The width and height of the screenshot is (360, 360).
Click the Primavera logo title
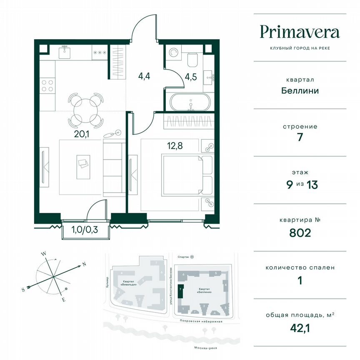pyautogui.click(x=300, y=32)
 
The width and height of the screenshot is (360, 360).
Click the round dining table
pyautogui.click(x=85, y=109)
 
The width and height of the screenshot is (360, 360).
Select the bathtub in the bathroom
pyautogui.click(x=190, y=101)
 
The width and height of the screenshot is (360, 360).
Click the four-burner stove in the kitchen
pyautogui.click(x=47, y=85)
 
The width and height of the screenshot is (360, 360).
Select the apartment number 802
pyautogui.click(x=300, y=232)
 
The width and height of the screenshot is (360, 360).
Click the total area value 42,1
pyautogui.click(x=300, y=328)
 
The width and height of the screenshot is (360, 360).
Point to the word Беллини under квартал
pyautogui.click(x=300, y=90)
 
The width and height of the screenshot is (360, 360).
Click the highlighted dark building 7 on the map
pyautogui.click(x=180, y=291)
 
